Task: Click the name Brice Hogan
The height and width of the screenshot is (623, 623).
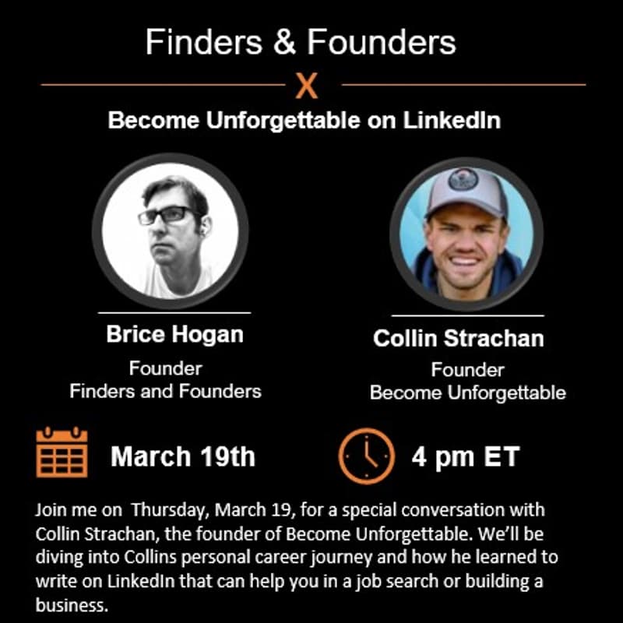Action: click(174, 334)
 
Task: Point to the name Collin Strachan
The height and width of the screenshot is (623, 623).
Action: click(458, 339)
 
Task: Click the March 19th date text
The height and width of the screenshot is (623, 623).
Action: click(183, 456)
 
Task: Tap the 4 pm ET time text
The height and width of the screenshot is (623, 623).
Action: click(465, 456)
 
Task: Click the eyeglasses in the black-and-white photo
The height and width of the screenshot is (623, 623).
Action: click(167, 214)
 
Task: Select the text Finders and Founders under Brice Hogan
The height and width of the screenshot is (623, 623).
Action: click(165, 391)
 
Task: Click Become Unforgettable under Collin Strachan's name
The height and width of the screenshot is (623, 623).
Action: click(467, 392)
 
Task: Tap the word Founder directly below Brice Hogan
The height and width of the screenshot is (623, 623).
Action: click(165, 368)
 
